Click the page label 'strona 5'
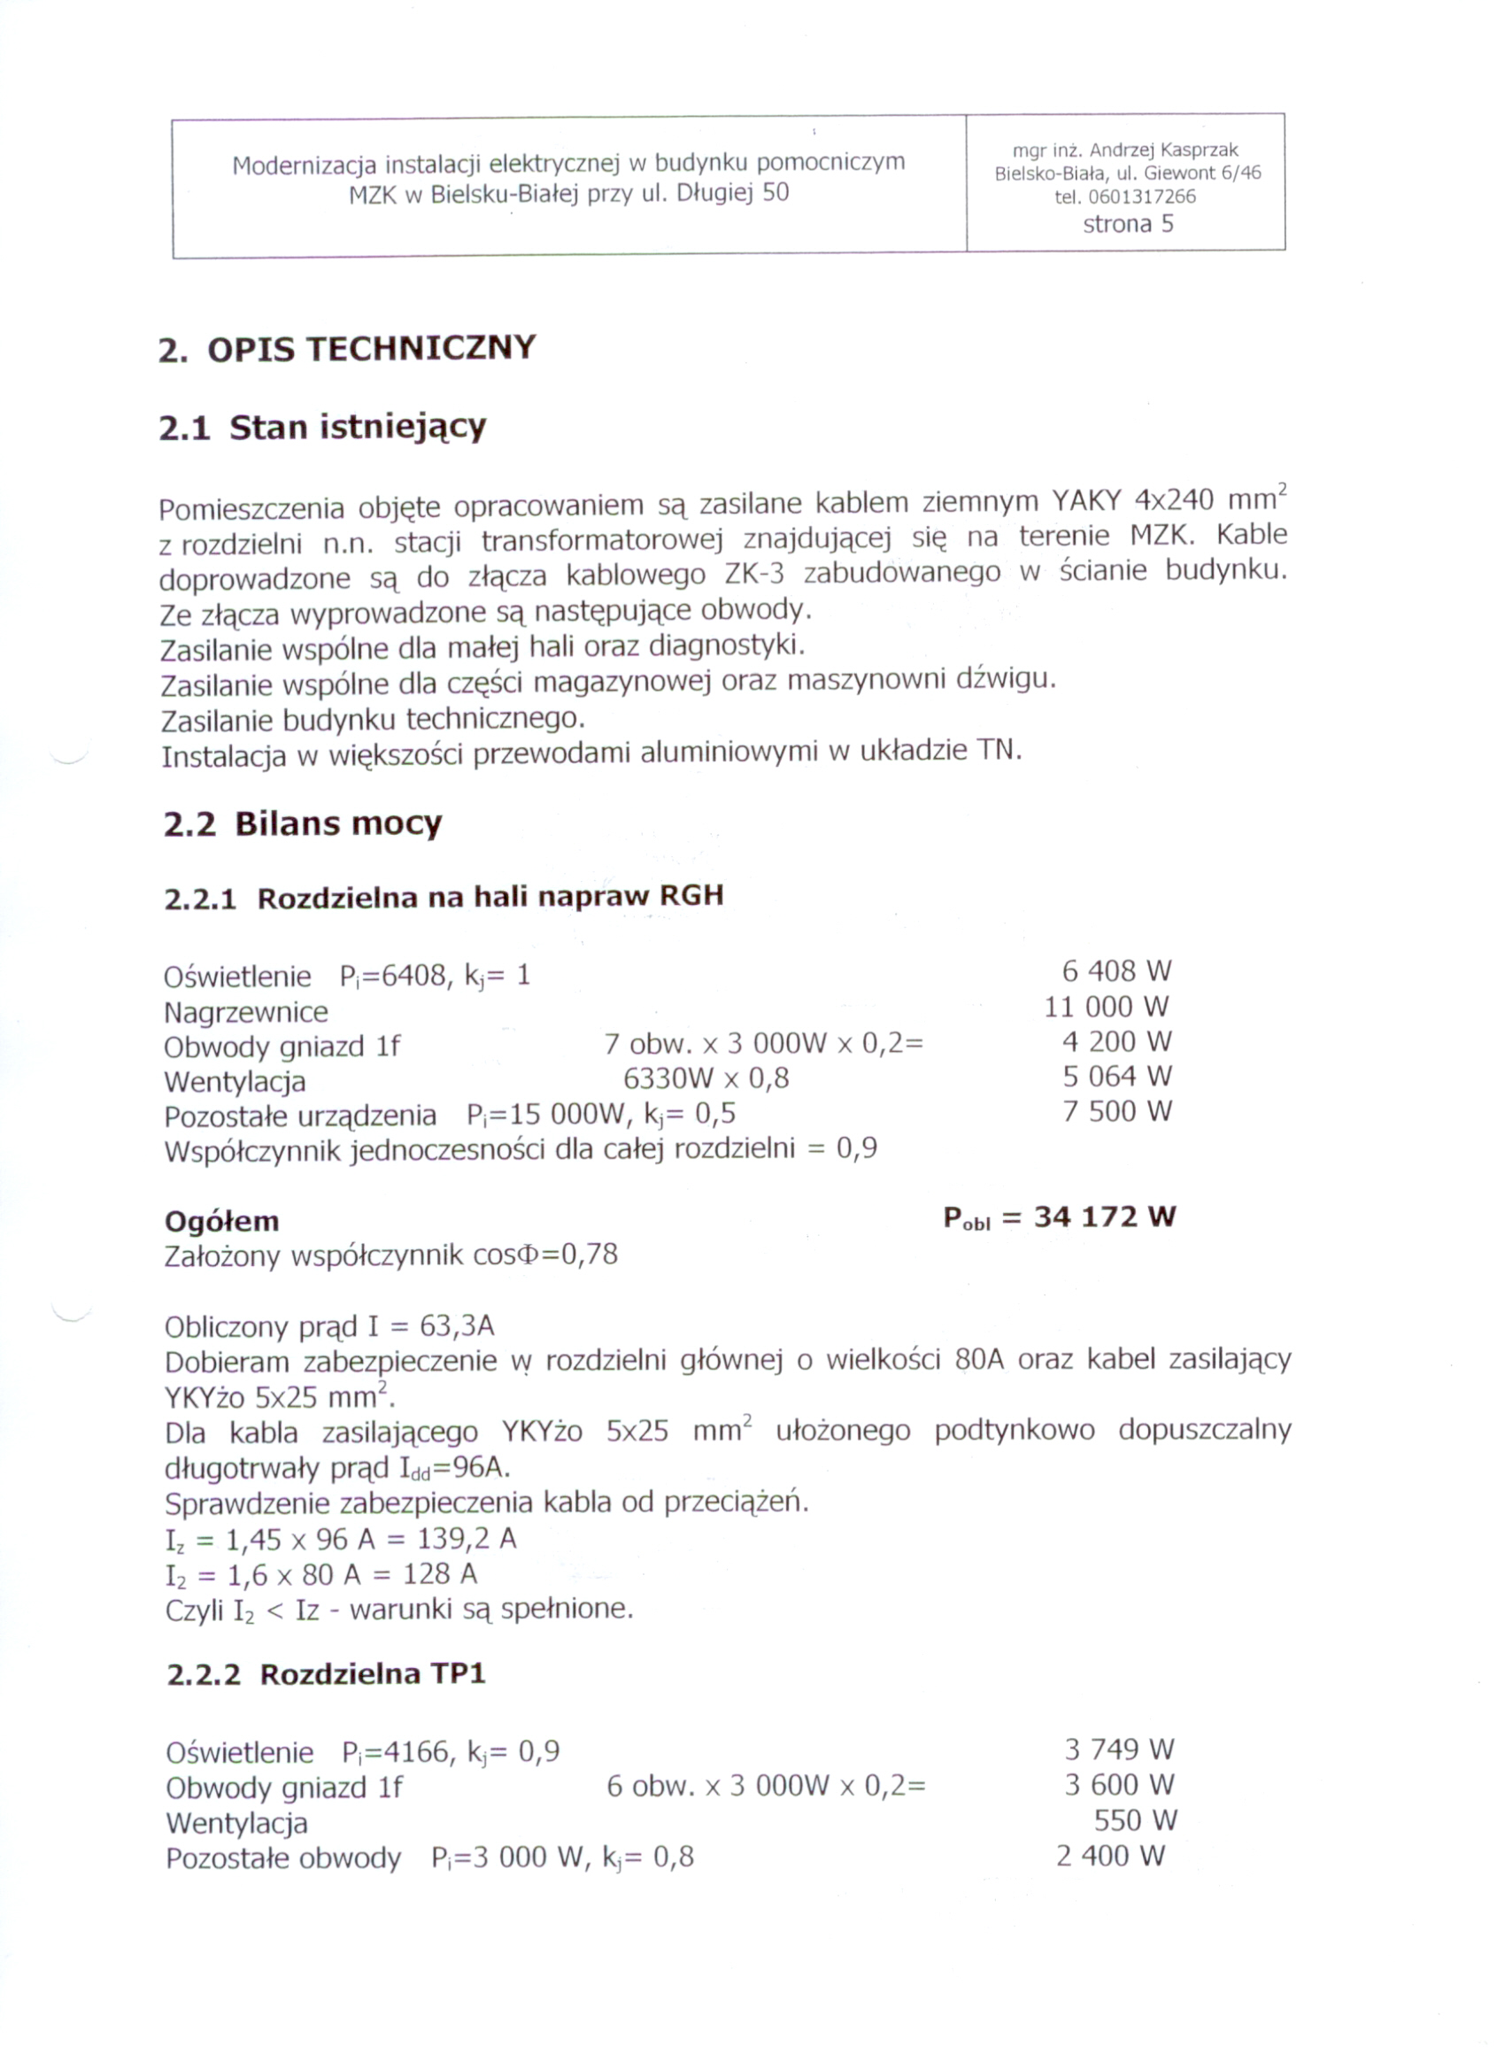click(1127, 225)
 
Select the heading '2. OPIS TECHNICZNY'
click(347, 350)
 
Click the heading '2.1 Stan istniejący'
click(322, 427)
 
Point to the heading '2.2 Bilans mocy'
click(302, 824)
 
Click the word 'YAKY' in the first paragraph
click(1086, 501)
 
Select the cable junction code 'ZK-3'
click(754, 573)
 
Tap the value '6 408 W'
click(1116, 971)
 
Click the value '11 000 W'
click(1106, 1007)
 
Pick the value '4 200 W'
click(1116, 1041)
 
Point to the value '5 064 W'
click(1116, 1077)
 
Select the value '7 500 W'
click(1116, 1112)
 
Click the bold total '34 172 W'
click(1104, 1217)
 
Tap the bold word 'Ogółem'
click(222, 1222)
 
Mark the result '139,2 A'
click(467, 1540)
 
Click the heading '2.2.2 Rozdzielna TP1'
click(326, 1674)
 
